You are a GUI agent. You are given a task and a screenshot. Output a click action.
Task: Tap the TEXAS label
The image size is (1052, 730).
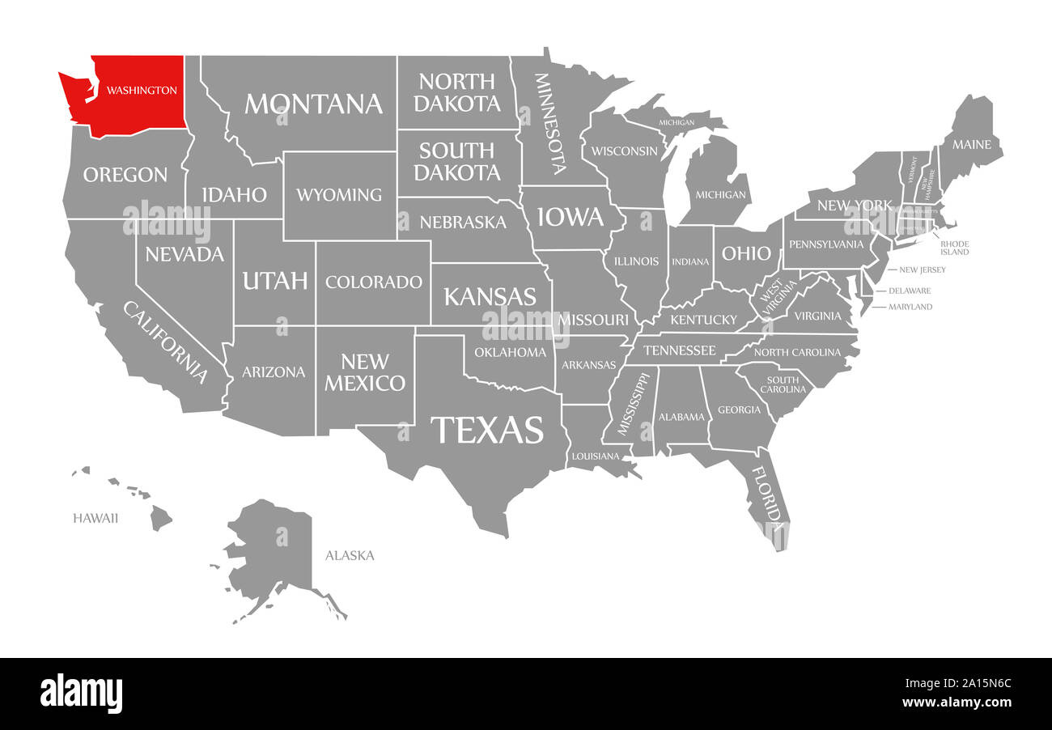[486, 430]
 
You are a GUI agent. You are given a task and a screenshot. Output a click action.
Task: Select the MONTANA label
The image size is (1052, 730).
[313, 104]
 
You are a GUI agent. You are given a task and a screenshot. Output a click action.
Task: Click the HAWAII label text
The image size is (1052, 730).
[95, 518]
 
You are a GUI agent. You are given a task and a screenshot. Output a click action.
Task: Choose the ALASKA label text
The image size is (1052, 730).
[350, 555]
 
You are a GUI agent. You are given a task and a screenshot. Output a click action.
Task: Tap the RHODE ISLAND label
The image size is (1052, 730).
[954, 248]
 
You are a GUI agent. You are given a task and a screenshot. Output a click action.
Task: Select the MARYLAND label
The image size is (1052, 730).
[910, 307]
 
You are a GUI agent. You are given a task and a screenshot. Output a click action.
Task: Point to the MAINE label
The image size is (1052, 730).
[971, 145]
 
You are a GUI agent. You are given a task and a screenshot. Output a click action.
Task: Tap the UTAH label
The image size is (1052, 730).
[275, 281]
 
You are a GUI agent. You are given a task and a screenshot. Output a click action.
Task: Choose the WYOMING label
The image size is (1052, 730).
[338, 195]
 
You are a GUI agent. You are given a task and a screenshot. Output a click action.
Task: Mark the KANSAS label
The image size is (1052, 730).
[490, 296]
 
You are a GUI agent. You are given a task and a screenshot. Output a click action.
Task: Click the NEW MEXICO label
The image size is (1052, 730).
[365, 372]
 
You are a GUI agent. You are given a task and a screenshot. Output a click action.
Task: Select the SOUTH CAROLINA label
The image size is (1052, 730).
[783, 384]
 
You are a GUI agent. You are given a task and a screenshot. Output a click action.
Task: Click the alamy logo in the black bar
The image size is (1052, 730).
[81, 694]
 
